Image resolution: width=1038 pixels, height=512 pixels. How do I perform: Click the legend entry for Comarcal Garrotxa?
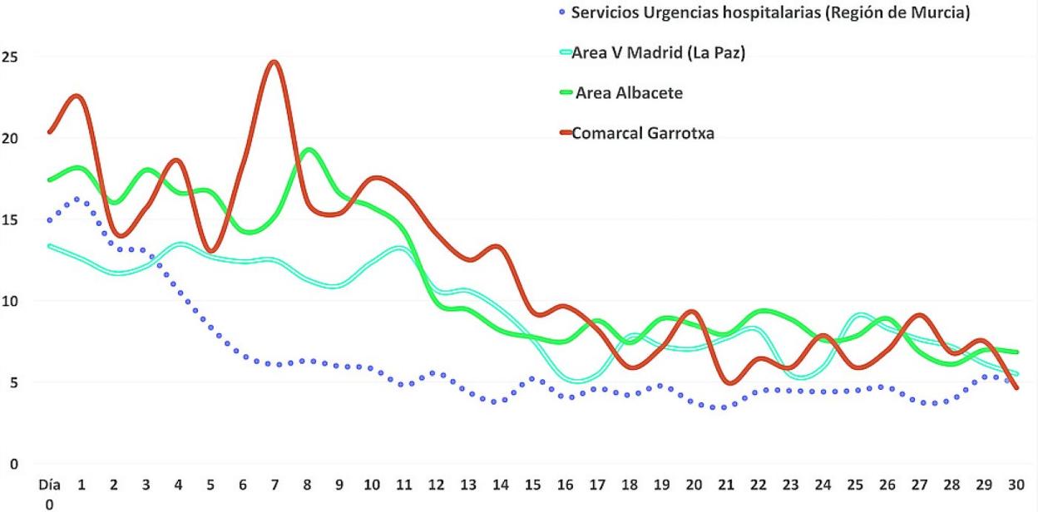[643, 132]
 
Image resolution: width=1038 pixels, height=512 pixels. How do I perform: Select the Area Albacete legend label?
[629, 93]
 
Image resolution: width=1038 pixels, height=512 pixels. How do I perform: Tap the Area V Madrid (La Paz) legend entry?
[658, 53]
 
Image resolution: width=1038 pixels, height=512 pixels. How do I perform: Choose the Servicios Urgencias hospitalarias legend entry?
[769, 13]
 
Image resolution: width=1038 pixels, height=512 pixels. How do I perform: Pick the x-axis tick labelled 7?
[275, 484]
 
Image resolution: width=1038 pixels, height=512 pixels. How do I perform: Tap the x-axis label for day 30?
[1016, 484]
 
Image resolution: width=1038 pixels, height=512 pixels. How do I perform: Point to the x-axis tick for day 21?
[727, 484]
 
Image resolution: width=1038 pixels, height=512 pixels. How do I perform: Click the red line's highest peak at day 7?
[274, 62]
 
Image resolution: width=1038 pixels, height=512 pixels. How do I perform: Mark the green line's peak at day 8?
[309, 150]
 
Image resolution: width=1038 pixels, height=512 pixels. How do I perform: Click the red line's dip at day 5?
[211, 250]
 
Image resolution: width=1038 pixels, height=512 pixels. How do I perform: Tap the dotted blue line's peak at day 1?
[78, 199]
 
